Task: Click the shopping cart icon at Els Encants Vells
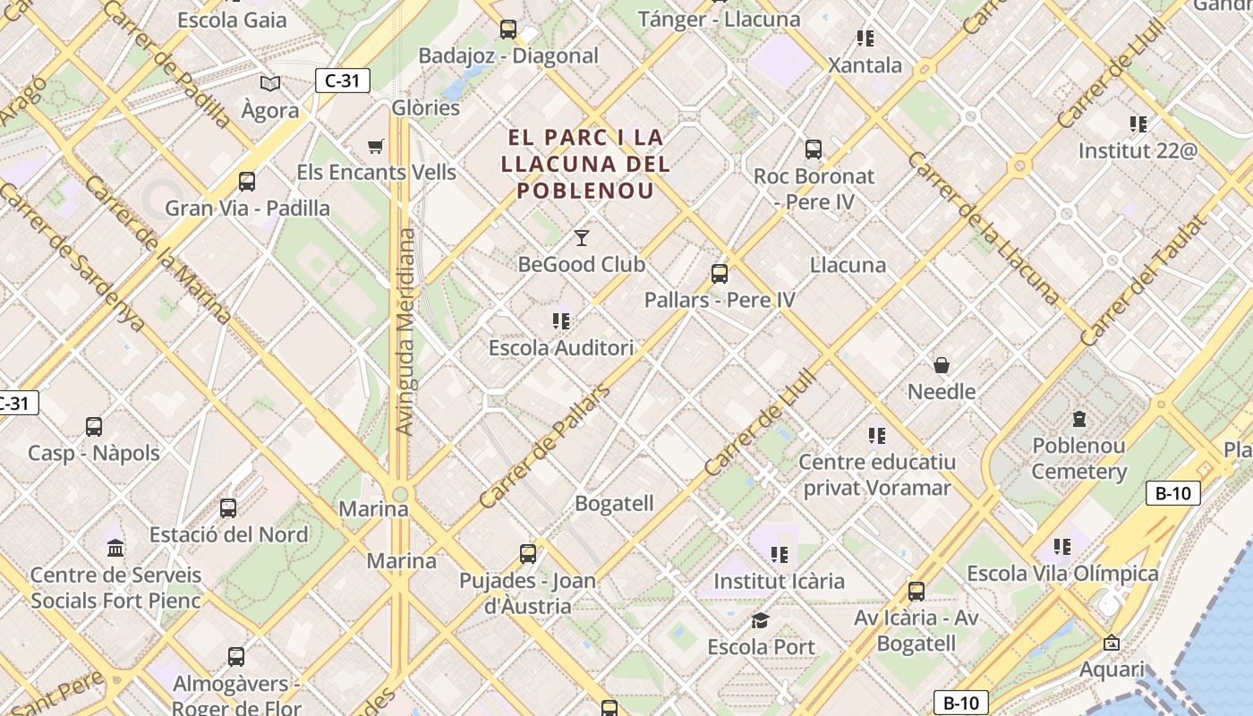click(376, 146)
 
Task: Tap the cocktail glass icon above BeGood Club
click(582, 238)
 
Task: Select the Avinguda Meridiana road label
click(405, 331)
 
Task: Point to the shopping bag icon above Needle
click(942, 365)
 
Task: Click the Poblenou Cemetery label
click(1078, 458)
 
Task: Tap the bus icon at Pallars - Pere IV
click(720, 274)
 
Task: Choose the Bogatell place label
click(614, 504)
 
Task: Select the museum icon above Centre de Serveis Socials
click(115, 548)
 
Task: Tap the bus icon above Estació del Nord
click(228, 508)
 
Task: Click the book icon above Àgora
click(270, 84)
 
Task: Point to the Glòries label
click(426, 108)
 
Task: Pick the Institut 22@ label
click(1137, 150)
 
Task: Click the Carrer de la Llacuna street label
click(983, 227)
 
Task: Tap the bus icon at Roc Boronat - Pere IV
click(814, 149)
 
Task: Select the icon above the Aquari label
click(1112, 643)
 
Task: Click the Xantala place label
click(865, 65)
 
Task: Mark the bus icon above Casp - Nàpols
click(94, 427)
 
